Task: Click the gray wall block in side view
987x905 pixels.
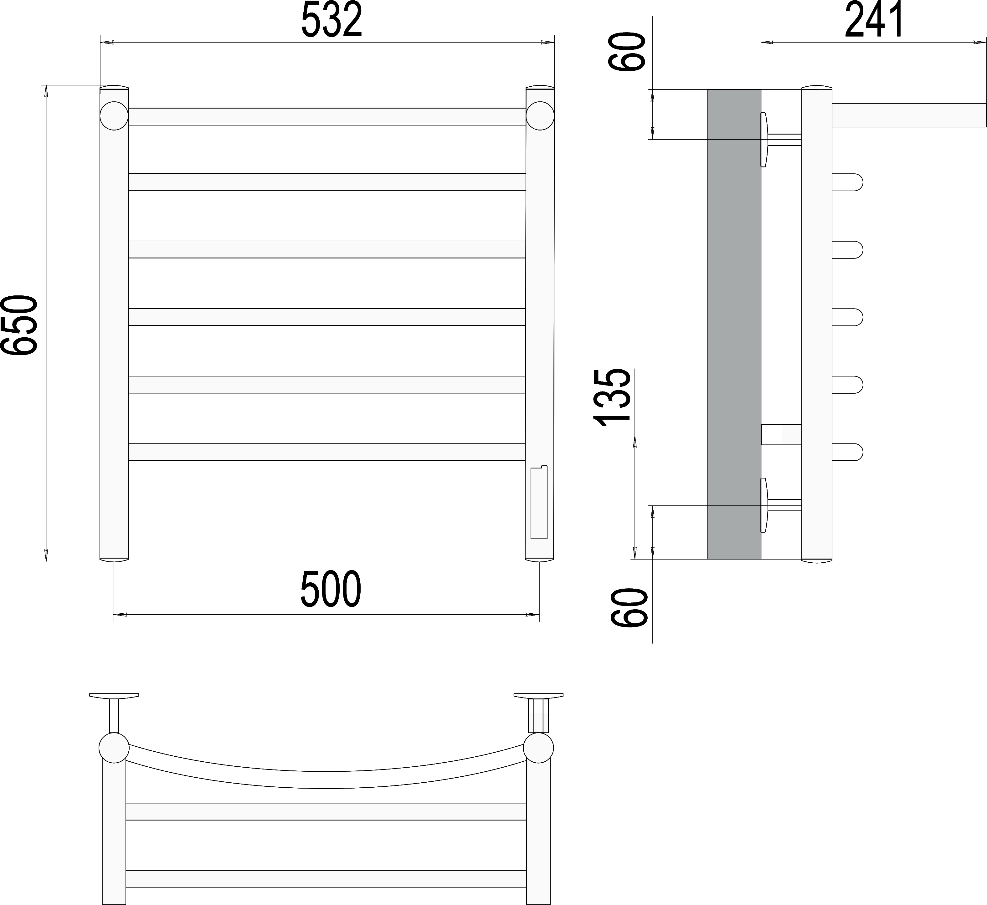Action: click(x=734, y=324)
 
